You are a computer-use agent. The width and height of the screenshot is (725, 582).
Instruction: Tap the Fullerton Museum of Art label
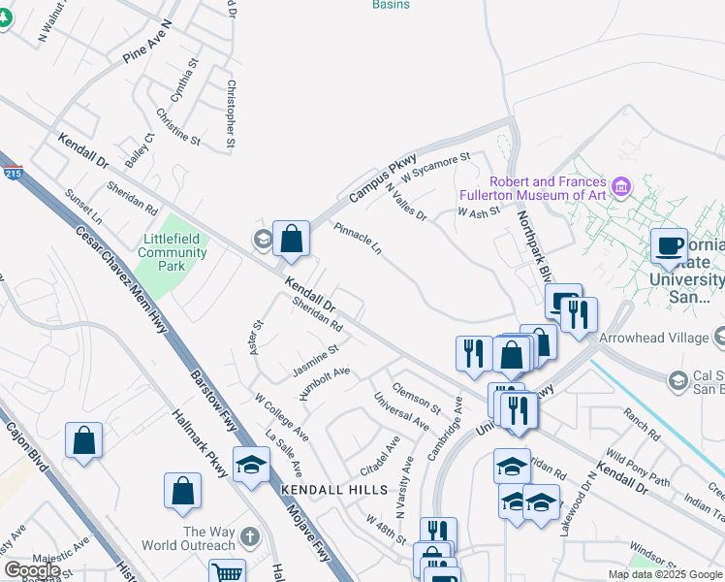click(x=533, y=188)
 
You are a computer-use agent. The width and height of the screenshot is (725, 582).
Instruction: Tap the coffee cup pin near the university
click(x=668, y=246)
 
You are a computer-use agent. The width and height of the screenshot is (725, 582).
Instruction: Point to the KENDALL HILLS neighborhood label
click(x=333, y=490)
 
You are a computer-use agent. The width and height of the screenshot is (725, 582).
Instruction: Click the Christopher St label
click(x=231, y=113)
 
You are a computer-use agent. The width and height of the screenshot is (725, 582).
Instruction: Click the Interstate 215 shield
click(x=11, y=173)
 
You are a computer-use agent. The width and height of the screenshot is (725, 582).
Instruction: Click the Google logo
click(x=32, y=570)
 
